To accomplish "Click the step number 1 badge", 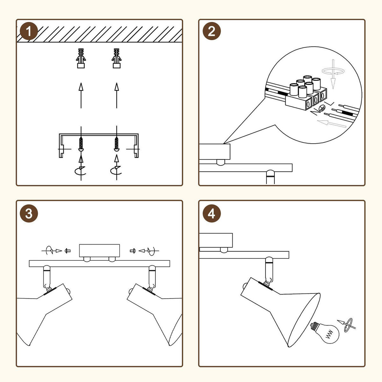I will (29, 32).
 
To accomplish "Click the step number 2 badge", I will (212, 32).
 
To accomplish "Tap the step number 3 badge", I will (29, 214).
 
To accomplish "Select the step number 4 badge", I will (212, 214).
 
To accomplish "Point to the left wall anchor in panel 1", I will (81, 59).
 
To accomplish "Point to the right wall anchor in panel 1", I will (117, 59).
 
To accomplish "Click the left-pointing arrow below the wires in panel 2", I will (331, 123).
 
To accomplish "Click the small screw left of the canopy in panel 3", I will (67, 251).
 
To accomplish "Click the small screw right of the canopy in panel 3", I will (133, 251).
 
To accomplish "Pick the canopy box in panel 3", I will (99, 251).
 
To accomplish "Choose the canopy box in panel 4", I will (216, 241).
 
